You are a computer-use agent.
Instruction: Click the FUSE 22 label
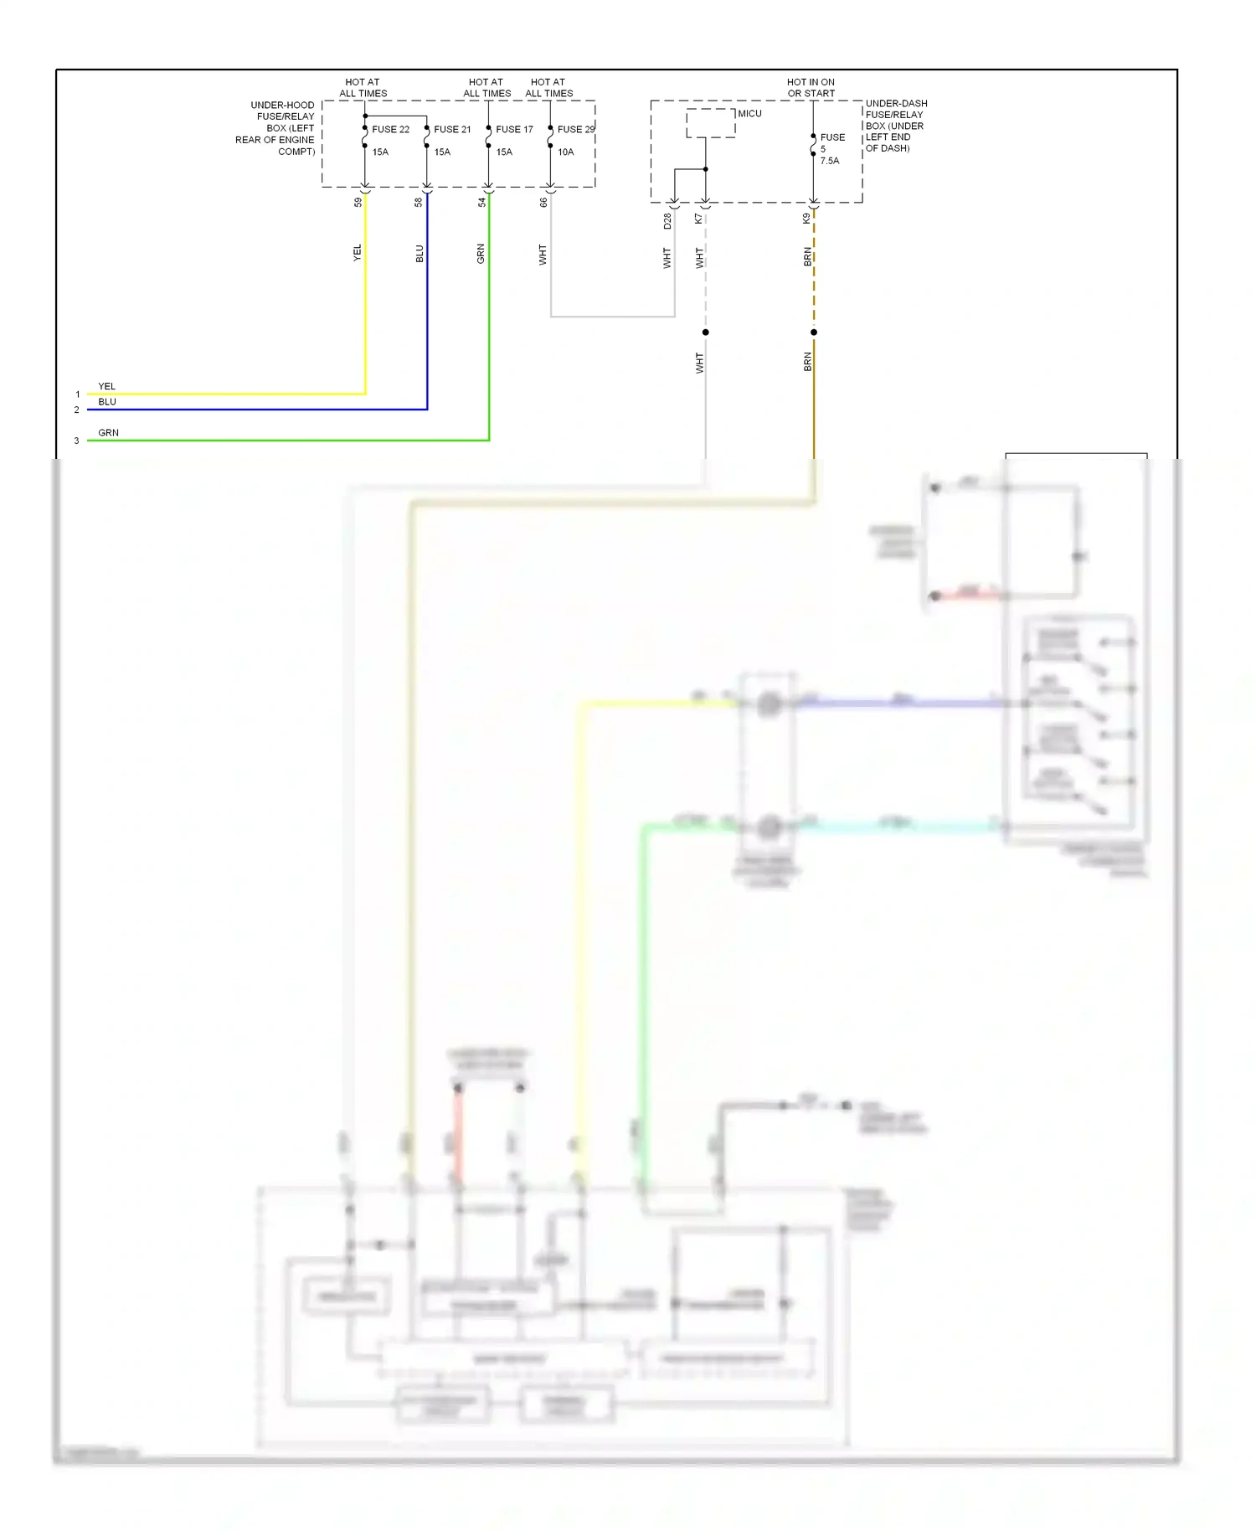point(390,130)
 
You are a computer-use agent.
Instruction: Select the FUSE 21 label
point(452,130)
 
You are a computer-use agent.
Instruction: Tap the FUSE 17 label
point(514,130)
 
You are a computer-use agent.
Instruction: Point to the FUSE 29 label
point(575,130)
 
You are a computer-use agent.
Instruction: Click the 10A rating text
point(566,152)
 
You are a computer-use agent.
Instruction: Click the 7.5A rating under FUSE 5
point(829,161)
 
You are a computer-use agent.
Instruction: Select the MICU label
point(749,114)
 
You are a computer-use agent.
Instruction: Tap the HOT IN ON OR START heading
point(811,88)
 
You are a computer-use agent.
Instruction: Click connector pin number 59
point(358,202)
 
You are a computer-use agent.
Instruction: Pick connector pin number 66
point(543,202)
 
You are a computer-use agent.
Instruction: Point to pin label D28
point(667,221)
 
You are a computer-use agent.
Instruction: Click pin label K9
point(806,219)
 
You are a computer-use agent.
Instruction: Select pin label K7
point(698,219)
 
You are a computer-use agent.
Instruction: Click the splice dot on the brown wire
point(814,332)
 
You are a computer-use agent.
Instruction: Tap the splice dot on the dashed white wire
point(706,332)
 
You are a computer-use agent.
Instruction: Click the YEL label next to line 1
point(107,387)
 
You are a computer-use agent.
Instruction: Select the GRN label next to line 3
point(108,433)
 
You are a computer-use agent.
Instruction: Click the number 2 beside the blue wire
point(76,410)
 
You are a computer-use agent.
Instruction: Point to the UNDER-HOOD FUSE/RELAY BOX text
point(276,128)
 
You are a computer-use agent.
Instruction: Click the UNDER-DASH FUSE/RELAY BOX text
point(895,126)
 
